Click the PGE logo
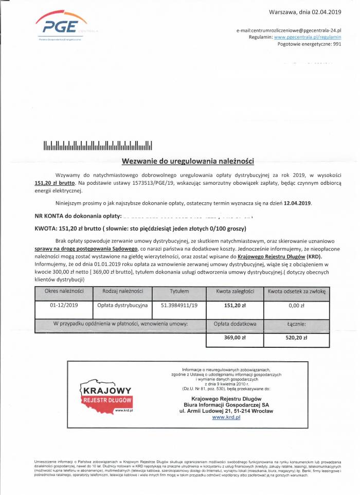click(61, 26)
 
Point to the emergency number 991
click(337, 44)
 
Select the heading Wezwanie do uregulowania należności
click(188, 161)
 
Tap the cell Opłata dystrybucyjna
click(122, 305)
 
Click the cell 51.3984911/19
click(179, 305)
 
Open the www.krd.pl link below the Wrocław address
click(226, 417)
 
